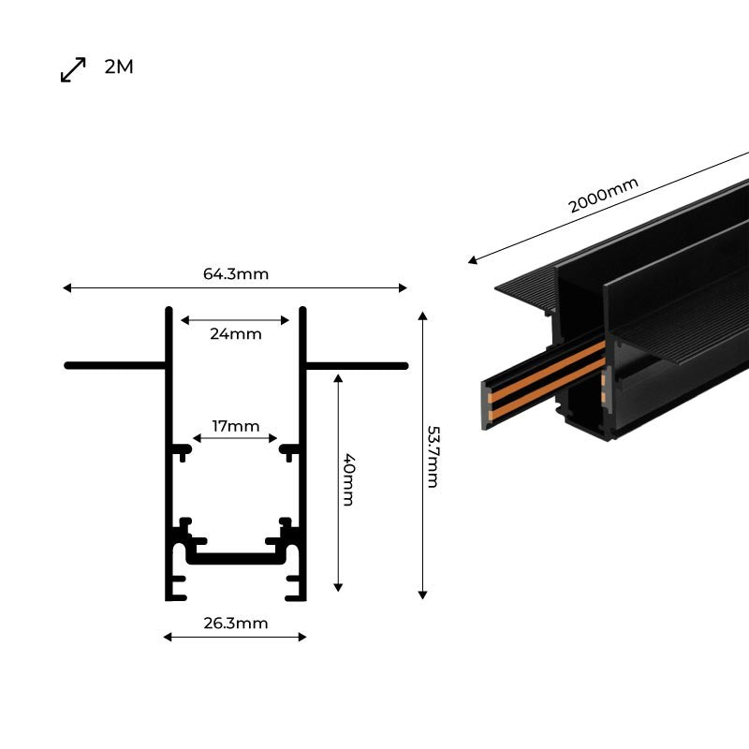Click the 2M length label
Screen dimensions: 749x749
click(x=119, y=67)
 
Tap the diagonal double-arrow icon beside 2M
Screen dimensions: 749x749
click(x=73, y=69)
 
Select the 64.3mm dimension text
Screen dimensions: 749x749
click(x=235, y=274)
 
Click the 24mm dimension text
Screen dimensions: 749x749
click(x=235, y=333)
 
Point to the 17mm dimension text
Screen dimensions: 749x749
click(x=235, y=426)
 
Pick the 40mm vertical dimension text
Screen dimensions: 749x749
click(x=347, y=479)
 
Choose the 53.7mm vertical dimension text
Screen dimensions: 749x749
click(x=433, y=456)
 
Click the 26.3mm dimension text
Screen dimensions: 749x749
click(x=235, y=623)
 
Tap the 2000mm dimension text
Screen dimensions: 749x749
click(x=604, y=196)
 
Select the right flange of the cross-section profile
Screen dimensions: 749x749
click(x=357, y=365)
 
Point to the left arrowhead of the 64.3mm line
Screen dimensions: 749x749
click(x=67, y=288)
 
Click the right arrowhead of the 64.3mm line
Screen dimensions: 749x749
click(x=404, y=288)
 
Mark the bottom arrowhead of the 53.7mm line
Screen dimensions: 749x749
click(x=423, y=593)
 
